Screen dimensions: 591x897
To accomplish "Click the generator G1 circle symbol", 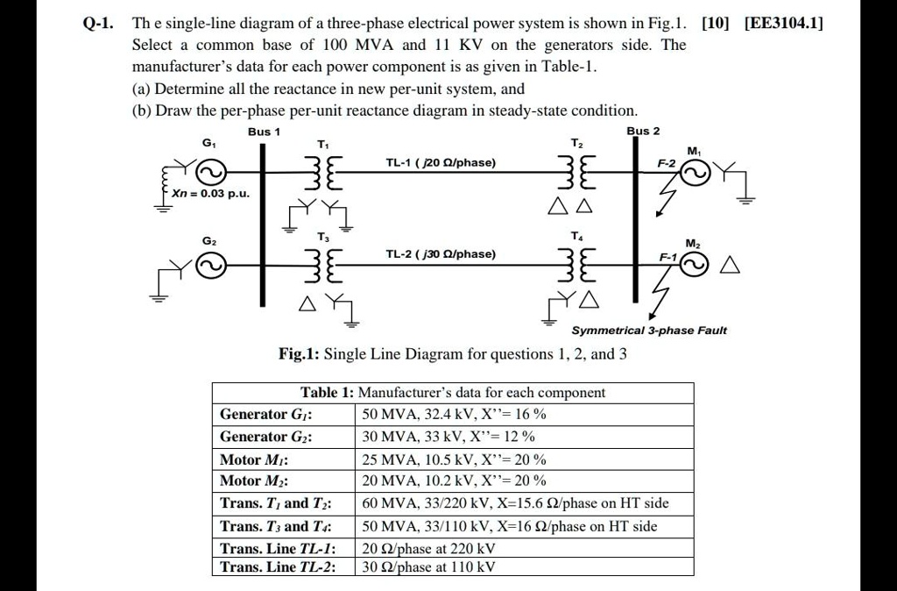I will click(213, 170).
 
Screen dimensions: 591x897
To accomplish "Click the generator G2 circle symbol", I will click(212, 264).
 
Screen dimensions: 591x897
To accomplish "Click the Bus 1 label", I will click(264, 132).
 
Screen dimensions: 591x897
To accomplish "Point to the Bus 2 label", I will click(644, 131).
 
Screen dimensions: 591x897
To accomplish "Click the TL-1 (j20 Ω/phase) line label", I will click(441, 163).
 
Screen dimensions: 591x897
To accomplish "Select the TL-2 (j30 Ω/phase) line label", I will click(441, 254).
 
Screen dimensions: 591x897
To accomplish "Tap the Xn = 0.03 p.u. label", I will click(209, 193).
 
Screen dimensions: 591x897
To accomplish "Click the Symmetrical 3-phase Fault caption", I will click(649, 331).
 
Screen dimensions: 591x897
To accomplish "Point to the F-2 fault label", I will click(667, 164).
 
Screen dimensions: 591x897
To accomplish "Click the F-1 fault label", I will click(669, 257).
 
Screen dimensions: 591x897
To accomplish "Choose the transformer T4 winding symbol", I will click(579, 264).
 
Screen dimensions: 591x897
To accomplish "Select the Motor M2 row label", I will click(255, 481).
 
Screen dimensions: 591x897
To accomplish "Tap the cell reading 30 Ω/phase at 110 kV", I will click(429, 566).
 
